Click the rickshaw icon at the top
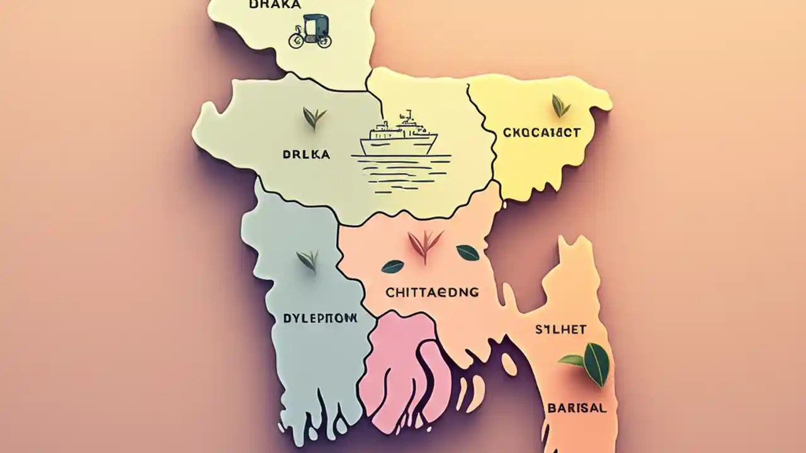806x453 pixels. pos(309,32)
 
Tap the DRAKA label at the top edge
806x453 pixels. pos(275,4)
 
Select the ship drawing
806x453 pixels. pos(399,135)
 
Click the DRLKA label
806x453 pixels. pos(307,154)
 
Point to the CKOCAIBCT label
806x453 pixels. pos(542,133)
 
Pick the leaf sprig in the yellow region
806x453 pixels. pos(560,105)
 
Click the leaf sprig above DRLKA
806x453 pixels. pos(314,117)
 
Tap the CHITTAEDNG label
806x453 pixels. pos(431,292)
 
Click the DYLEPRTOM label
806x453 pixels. pos(316,318)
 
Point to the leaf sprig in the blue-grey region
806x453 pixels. pos(308,259)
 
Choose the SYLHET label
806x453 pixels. pos(560,329)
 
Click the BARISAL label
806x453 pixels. pos(577,408)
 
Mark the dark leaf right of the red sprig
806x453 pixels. pos(467,252)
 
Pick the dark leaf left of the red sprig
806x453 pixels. pos(392,267)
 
